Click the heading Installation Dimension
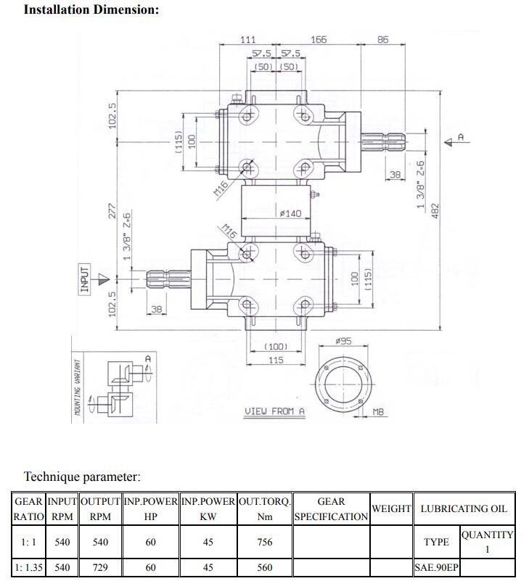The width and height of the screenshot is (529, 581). [x=91, y=10]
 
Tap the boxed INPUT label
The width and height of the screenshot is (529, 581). [x=84, y=279]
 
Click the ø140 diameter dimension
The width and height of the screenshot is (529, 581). [x=290, y=213]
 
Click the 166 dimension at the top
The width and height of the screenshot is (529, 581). [x=319, y=40]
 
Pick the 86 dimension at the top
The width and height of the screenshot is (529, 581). [x=382, y=40]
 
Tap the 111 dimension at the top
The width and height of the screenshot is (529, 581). [x=247, y=40]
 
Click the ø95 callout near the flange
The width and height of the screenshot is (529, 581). [x=343, y=341]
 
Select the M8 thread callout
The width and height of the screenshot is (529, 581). [x=378, y=411]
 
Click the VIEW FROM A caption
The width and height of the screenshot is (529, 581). [x=274, y=411]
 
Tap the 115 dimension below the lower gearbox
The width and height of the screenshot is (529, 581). [x=276, y=360]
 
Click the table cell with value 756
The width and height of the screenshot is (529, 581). [x=265, y=542]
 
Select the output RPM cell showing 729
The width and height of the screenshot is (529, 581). [x=100, y=568]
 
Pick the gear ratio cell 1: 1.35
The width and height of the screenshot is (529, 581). [x=29, y=568]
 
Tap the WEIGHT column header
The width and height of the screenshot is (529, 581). [x=391, y=508]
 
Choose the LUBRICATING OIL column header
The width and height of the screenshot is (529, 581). [x=464, y=508]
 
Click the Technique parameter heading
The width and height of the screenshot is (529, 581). [x=82, y=477]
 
